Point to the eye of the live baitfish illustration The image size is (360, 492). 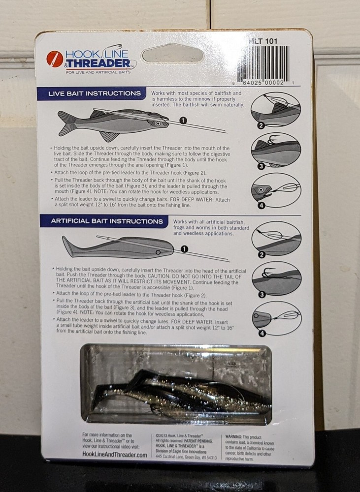[x=158, y=124]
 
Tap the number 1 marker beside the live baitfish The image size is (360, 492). [x=182, y=120]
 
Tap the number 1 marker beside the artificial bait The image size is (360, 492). [x=184, y=249]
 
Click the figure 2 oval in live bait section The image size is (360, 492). [x=275, y=110]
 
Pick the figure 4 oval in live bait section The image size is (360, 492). [x=275, y=189]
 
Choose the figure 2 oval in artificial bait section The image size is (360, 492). [x=276, y=238]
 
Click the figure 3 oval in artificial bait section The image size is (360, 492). [x=276, y=278]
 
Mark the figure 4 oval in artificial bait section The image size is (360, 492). [x=276, y=318]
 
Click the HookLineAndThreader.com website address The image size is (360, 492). [x=115, y=456]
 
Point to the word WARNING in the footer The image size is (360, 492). [x=236, y=436]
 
